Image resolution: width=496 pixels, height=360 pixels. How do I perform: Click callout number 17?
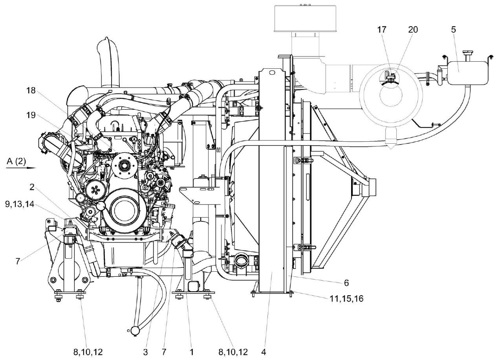coord(382,29)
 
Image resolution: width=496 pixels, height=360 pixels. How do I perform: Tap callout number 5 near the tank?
coord(454,29)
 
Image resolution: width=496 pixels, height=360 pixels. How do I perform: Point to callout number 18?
coord(31,90)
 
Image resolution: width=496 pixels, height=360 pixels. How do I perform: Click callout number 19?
coord(31,115)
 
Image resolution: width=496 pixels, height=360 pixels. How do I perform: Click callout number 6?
coord(346,282)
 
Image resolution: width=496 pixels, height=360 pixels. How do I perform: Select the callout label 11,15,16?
coord(346,299)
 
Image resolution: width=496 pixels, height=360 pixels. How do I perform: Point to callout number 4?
coord(264,352)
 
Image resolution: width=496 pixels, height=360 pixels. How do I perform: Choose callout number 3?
coord(145,352)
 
